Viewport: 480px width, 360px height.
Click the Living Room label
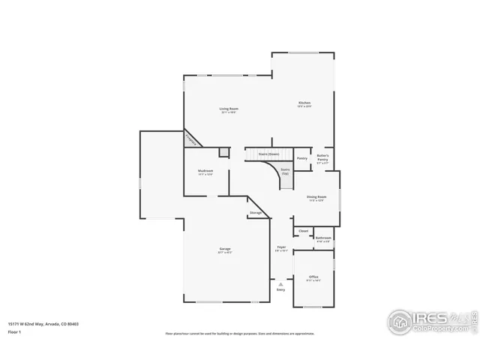pos(229,109)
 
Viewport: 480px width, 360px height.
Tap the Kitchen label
pos(304,103)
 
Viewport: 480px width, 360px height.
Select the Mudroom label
pos(205,171)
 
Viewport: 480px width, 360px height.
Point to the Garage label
pos(225,249)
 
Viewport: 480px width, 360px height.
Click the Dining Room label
pos(316,196)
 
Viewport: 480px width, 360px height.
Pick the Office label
pos(313,277)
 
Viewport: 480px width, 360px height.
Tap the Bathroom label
pos(323,237)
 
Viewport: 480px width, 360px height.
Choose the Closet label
pos(303,231)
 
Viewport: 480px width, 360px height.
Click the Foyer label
pos(281,246)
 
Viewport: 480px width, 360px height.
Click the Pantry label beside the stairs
pos(301,158)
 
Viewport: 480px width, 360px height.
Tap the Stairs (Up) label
pos(286,171)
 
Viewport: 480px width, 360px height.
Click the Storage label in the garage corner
pos(256,213)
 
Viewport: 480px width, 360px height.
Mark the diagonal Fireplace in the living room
pos(193,139)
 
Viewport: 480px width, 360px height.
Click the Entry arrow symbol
pos(280,285)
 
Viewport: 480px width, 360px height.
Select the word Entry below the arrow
pos(280,290)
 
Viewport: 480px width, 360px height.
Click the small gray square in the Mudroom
pos(223,152)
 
